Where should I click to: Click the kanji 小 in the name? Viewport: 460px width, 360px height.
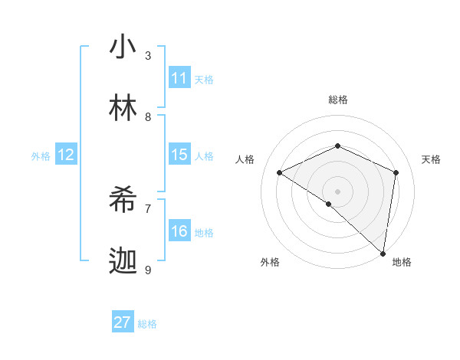point(123,47)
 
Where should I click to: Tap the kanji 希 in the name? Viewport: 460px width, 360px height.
point(123,201)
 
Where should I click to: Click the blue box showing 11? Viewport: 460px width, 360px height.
point(179,78)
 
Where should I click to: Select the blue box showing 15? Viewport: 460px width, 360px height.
point(179,155)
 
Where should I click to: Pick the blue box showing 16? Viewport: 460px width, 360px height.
point(179,231)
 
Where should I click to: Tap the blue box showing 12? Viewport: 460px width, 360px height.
point(66,155)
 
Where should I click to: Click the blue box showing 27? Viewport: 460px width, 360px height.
point(123,322)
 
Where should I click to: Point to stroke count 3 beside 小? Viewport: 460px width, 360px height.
point(148,55)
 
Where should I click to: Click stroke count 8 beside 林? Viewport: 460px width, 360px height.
point(148,116)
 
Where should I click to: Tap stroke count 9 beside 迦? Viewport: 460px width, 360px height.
point(148,270)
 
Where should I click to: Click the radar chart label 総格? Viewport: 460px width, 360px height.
point(338,100)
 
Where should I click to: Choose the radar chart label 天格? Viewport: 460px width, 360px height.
point(432,159)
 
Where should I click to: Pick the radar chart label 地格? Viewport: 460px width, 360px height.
point(402,262)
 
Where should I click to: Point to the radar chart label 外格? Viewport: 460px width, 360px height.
point(270,262)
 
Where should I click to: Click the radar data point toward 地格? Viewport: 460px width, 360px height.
point(383,253)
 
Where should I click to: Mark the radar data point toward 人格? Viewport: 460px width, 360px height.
point(280,172)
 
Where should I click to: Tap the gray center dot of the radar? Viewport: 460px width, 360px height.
point(338,191)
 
